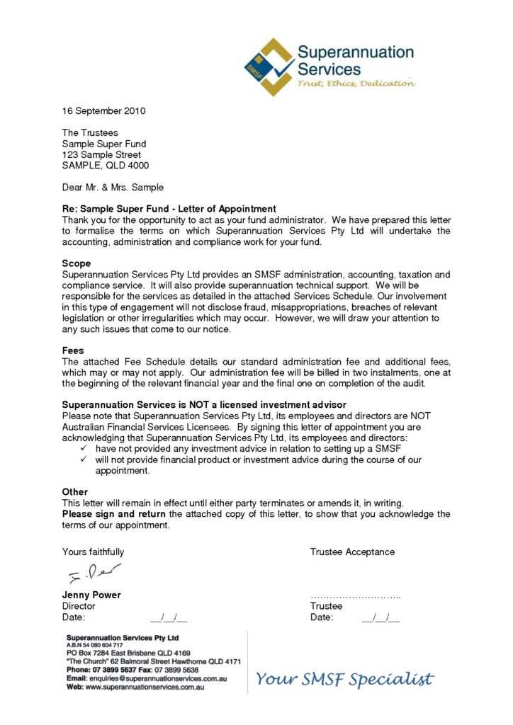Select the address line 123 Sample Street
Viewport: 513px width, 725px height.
click(x=101, y=154)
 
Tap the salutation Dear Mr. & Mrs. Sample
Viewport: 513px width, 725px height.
click(x=113, y=188)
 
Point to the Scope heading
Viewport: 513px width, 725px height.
click(x=77, y=263)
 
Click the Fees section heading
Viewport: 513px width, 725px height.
click(x=73, y=350)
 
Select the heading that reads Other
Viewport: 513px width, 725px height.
click(x=75, y=491)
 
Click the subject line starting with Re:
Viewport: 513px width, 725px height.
click(x=169, y=209)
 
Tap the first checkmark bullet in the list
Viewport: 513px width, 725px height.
click(x=85, y=449)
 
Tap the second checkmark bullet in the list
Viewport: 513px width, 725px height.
click(x=85, y=459)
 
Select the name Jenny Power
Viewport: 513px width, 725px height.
click(x=91, y=595)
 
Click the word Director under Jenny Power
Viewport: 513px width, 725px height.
click(x=79, y=606)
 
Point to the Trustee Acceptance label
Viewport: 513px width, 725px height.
click(x=352, y=552)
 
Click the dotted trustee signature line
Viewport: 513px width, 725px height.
click(x=356, y=596)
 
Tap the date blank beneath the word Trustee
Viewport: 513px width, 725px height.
click(x=380, y=617)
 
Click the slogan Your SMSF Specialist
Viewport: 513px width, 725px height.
click(x=344, y=680)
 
